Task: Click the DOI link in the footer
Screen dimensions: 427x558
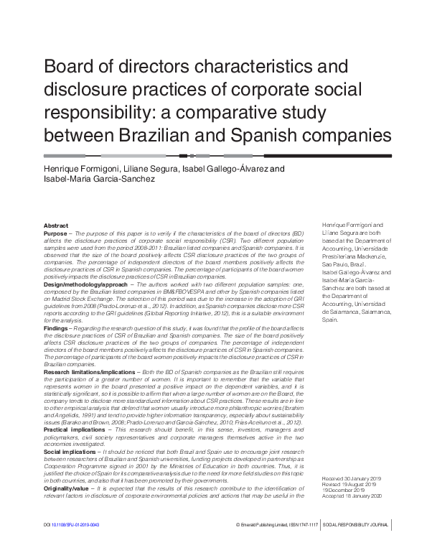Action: [75, 546]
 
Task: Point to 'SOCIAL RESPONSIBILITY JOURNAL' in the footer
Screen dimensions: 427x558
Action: [357, 546]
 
